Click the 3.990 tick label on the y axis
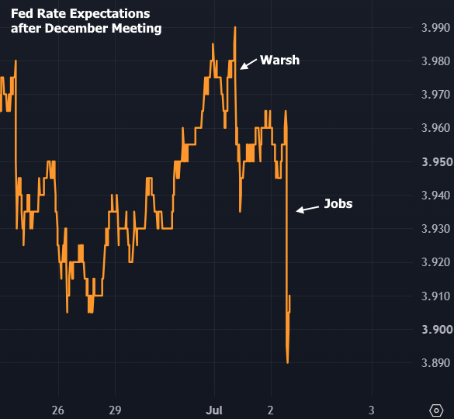(x=435, y=28)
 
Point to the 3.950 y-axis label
(x=437, y=162)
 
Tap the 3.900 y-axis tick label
(x=437, y=330)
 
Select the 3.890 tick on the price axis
(x=435, y=363)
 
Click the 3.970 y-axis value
(x=435, y=95)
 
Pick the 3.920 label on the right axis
(x=435, y=262)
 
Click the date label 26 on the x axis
(x=58, y=410)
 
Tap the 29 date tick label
(x=115, y=410)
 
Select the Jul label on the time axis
(x=214, y=410)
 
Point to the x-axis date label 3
(x=372, y=410)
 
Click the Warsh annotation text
(x=279, y=61)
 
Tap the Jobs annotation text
(x=338, y=204)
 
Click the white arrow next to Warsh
(x=248, y=64)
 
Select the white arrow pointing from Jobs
(x=307, y=209)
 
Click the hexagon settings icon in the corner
(x=436, y=410)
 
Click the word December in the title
(x=76, y=29)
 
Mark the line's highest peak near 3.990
(x=235, y=27)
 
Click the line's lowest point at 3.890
(x=287, y=363)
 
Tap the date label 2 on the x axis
(x=270, y=410)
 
